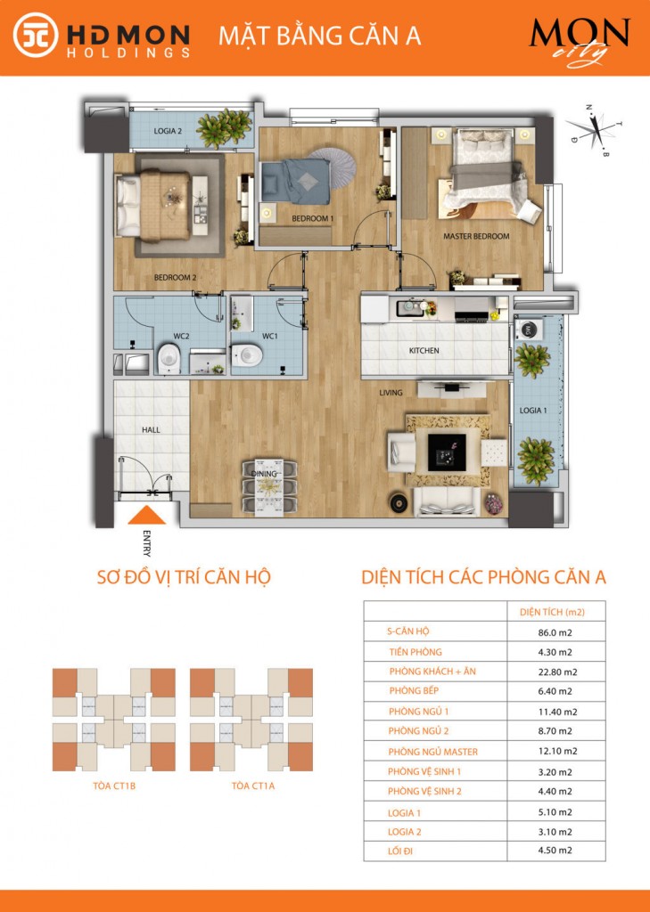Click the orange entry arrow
coord(147,516)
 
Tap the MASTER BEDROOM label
coord(476,236)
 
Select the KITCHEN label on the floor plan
coord(424,351)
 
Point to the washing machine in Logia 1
coord(529,330)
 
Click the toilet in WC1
coord(247,354)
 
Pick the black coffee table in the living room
coord(447,452)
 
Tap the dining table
coord(269,487)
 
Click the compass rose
coord(595,130)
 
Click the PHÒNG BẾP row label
coord(414,691)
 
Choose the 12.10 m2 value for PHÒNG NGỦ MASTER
coord(557,752)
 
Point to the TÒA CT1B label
coord(114,786)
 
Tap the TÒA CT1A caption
coord(253,786)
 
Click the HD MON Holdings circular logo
coord(36,35)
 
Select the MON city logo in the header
coord(580,41)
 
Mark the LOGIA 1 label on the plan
coord(533,411)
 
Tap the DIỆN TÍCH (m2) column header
coord(552,613)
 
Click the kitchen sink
coord(411,307)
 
